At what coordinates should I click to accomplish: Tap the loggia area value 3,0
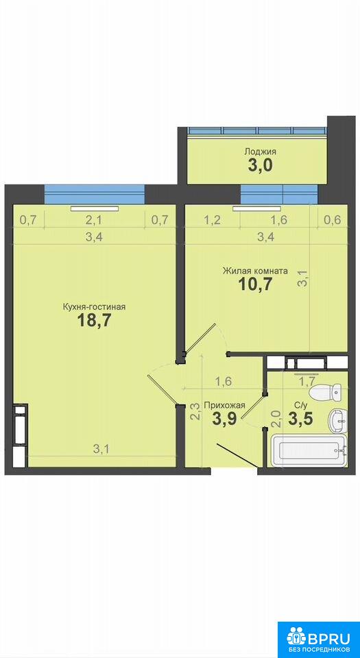[260, 166]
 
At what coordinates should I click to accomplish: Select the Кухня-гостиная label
[94, 307]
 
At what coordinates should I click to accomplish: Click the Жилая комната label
[255, 271]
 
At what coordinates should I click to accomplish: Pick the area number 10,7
[256, 285]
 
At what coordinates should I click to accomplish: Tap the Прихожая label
[224, 405]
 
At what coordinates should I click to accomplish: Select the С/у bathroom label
[300, 405]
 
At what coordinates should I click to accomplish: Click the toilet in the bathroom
[328, 393]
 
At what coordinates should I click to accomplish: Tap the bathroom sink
[337, 420]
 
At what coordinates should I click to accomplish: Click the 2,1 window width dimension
[95, 219]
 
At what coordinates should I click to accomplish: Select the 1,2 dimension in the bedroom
[213, 219]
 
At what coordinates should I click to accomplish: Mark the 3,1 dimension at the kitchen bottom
[101, 449]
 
